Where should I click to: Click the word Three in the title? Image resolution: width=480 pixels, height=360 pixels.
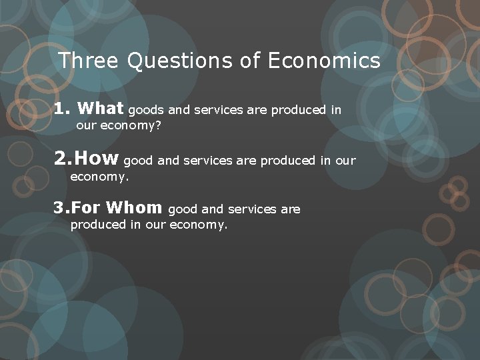point(88,61)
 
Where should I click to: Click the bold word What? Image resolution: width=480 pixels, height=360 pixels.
point(100,109)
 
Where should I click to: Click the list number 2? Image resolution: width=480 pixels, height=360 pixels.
point(61,159)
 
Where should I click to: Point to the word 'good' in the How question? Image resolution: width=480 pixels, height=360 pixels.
point(139,161)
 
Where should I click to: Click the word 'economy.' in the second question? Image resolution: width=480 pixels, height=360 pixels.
point(99,177)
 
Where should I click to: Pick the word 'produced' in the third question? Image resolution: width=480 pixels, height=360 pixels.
point(98,225)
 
